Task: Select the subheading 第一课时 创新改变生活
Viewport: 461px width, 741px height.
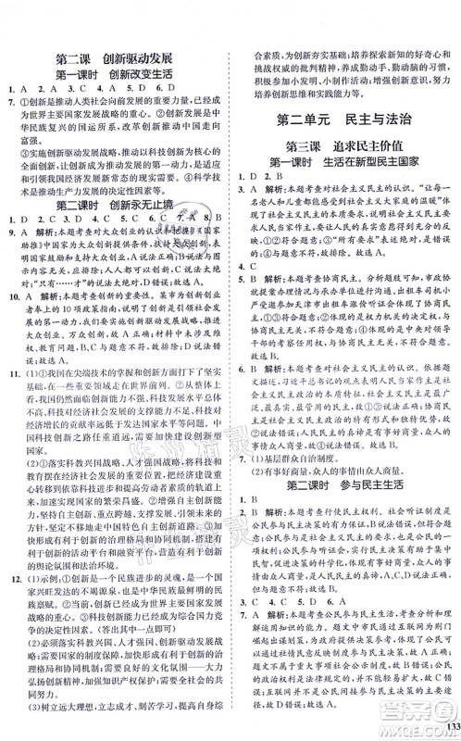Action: [x=118, y=72]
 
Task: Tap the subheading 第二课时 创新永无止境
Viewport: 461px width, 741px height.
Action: [x=118, y=204]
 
